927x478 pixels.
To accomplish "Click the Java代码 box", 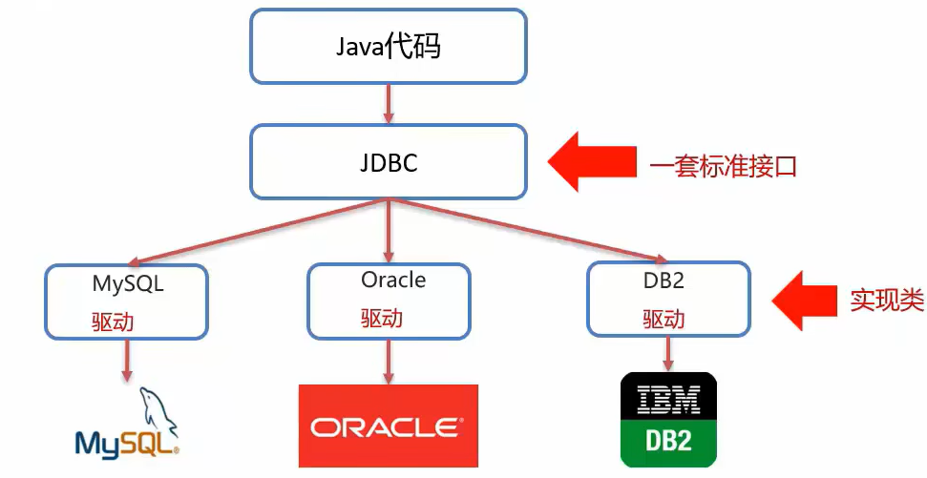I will pyautogui.click(x=388, y=46).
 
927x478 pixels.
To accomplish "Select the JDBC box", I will pyautogui.click(x=388, y=161).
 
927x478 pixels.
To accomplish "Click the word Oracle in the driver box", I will pyautogui.click(x=393, y=280).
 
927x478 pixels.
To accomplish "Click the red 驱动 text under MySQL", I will pyautogui.click(x=113, y=322).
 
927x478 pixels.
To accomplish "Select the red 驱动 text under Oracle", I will pyautogui.click(x=382, y=319).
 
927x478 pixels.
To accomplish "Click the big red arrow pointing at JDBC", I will pyautogui.click(x=591, y=162).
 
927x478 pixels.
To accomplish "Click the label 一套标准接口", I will pyautogui.click(x=723, y=167).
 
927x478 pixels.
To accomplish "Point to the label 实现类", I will pyautogui.click(x=887, y=301).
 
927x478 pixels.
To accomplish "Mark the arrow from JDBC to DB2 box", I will pyautogui.click(x=525, y=231).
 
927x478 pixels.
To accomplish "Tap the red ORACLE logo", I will pyautogui.click(x=388, y=425).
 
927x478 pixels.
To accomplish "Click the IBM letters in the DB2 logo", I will pyautogui.click(x=668, y=399).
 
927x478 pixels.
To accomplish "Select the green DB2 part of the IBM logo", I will pyautogui.click(x=668, y=441).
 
